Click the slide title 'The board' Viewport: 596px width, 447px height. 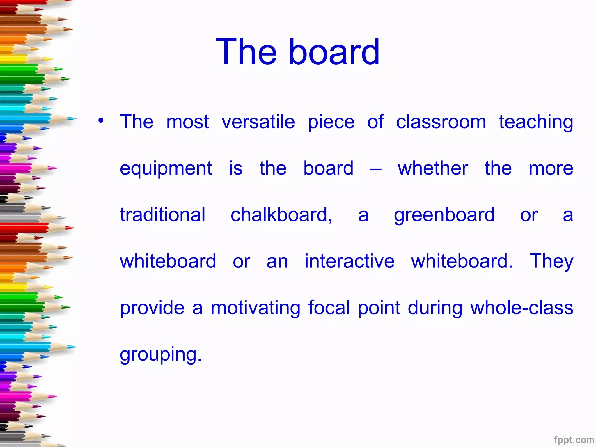coord(297,52)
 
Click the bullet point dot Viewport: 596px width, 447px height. coord(101,120)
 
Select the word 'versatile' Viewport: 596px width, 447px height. coord(258,122)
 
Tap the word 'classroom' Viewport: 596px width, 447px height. coord(441,122)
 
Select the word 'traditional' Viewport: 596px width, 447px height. coord(163,215)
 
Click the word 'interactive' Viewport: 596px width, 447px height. coord(350,261)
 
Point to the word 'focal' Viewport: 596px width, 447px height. coord(329,308)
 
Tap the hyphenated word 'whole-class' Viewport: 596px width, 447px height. coord(521,308)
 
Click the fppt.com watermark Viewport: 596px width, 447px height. coord(574,440)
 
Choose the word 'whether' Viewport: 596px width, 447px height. coord(433,168)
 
